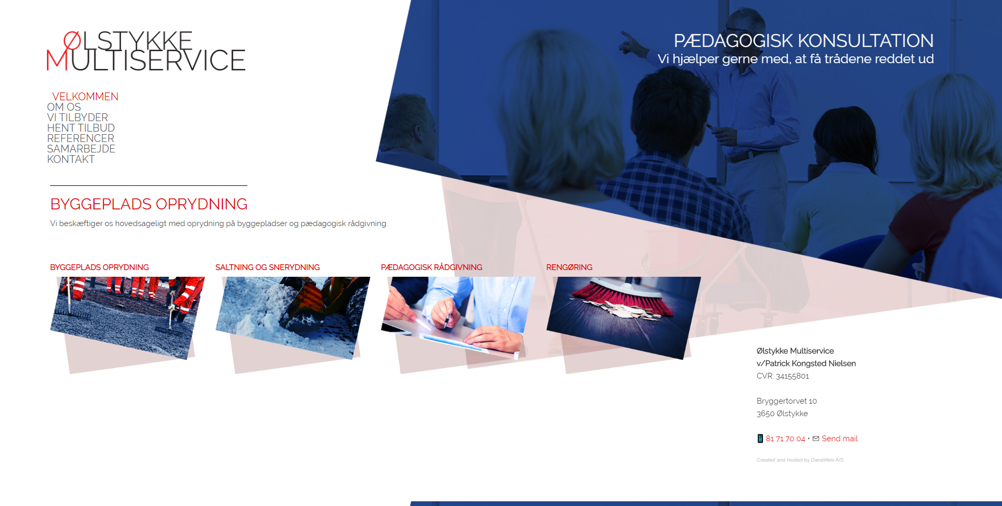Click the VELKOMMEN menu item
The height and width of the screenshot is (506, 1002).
85,97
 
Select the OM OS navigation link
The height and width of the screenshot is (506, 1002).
64,107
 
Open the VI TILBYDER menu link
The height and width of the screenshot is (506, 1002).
77,117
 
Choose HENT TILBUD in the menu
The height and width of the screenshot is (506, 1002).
81,128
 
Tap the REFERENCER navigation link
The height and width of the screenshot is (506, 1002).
80,138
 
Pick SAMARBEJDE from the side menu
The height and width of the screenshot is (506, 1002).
81,149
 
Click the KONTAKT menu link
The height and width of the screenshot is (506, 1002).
71,159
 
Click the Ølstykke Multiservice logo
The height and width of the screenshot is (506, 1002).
146,51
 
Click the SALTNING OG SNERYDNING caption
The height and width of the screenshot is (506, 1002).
268,267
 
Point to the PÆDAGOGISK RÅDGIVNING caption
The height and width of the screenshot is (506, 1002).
432,267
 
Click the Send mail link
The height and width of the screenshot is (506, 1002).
840,439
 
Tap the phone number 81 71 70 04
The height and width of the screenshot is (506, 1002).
785,439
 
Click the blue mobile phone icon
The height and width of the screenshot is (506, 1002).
760,439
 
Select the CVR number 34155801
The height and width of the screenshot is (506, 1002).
792,376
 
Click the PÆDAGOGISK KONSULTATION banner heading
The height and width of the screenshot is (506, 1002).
804,41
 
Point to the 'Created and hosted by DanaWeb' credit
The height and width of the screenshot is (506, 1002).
800,460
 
